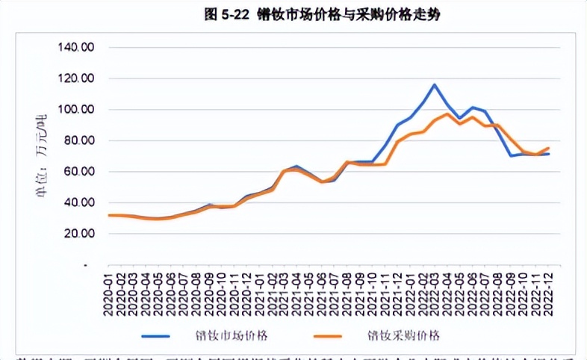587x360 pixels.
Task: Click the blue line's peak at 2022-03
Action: [435, 84]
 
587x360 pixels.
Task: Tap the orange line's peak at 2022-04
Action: [447, 114]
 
